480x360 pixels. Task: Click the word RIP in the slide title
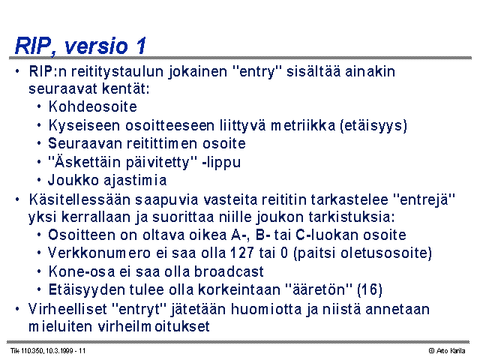click(x=33, y=46)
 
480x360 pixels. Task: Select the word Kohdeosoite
click(x=92, y=106)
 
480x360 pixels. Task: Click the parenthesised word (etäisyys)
click(x=373, y=125)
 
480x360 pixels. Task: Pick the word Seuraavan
click(x=85, y=143)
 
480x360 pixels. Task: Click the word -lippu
click(x=222, y=163)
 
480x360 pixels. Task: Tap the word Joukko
click(x=73, y=180)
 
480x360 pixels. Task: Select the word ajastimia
click(x=135, y=181)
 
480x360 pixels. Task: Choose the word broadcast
click(x=229, y=271)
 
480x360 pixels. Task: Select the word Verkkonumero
click(x=99, y=253)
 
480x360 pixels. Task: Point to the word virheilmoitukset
click(x=154, y=326)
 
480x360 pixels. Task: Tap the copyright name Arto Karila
click(x=451, y=351)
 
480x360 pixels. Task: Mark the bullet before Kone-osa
click(x=39, y=271)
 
